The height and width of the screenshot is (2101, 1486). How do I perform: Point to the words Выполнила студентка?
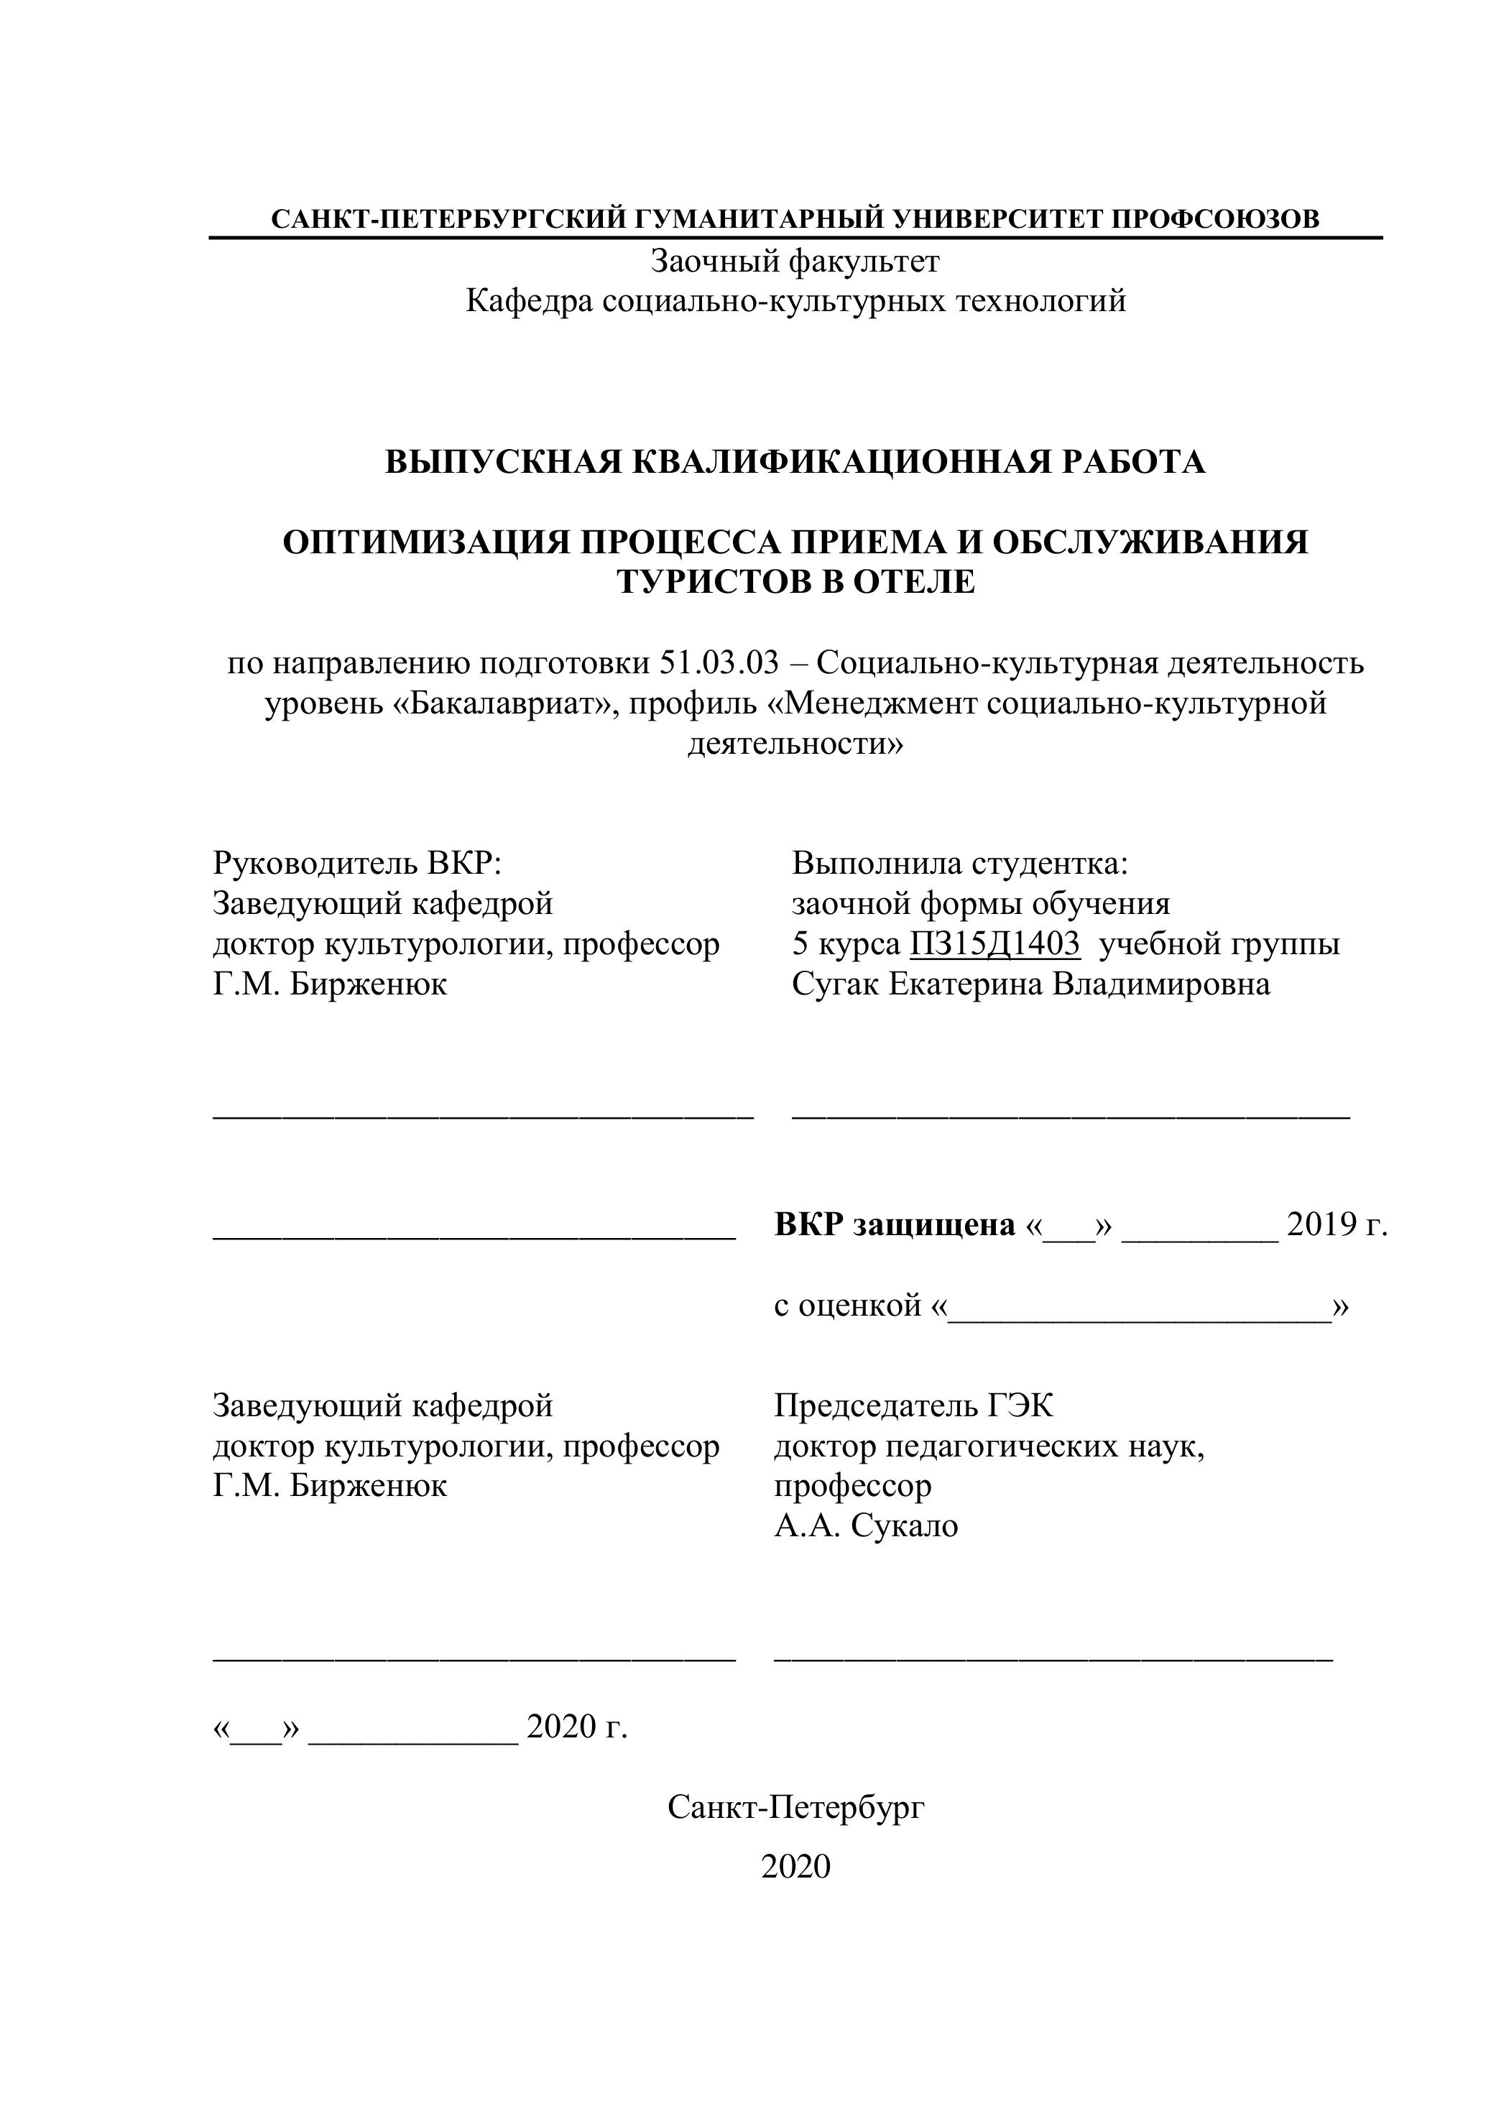960,863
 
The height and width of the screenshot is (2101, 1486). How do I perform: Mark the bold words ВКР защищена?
894,1224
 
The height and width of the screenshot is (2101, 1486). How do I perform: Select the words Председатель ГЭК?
913,1405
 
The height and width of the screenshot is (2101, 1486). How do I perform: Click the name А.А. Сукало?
866,1526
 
